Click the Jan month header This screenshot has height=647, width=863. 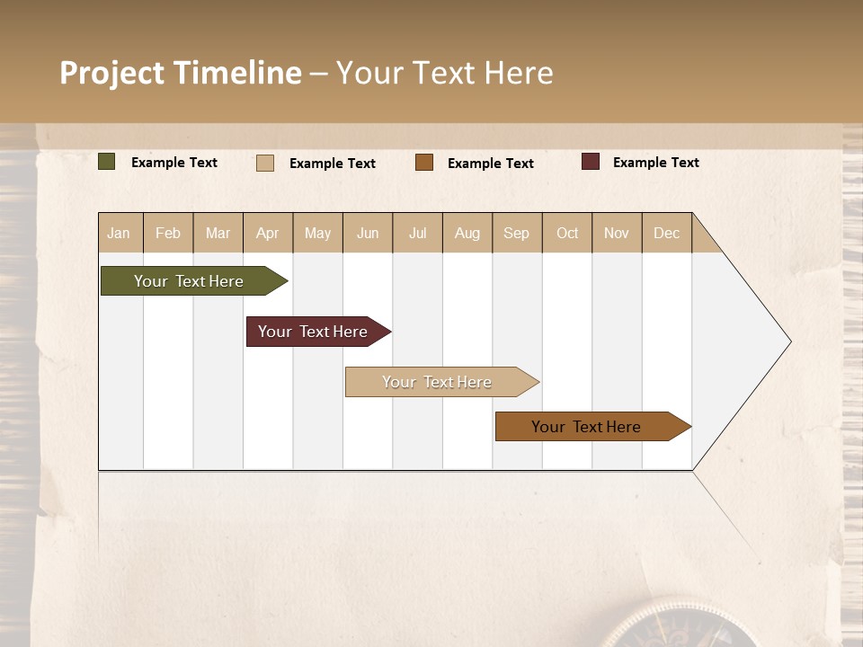120,233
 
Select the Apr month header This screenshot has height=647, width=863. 268,233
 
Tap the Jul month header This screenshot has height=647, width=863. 417,233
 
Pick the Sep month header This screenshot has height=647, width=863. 516,233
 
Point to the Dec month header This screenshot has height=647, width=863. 666,233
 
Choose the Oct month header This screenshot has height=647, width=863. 567,233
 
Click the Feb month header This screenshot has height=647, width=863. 168,233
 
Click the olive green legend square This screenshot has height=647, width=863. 107,162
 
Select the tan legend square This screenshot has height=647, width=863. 265,163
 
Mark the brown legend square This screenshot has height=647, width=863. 424,163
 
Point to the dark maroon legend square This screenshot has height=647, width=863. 591,162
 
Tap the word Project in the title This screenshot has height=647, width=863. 111,73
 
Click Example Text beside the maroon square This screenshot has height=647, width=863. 655,163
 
